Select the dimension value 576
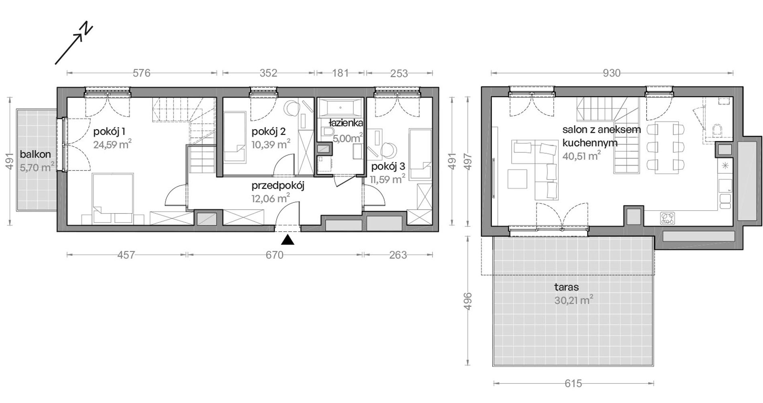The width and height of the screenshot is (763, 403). point(141,73)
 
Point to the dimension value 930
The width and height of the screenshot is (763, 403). point(612,73)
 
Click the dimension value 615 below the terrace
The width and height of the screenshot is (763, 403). point(573,384)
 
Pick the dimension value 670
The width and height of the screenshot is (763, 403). point(275,255)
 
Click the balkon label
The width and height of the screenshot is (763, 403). point(35,154)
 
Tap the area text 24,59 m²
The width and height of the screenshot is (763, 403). point(112,144)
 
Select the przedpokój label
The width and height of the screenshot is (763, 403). point(278,186)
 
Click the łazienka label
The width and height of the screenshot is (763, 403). point(346,123)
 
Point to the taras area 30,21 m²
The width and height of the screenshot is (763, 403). point(573,300)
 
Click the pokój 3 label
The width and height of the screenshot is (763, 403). point(388,167)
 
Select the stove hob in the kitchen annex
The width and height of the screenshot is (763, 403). point(667,218)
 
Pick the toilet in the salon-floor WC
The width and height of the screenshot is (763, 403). point(717,130)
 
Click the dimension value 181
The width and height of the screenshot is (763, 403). point(341,73)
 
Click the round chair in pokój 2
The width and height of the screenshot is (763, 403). point(292,109)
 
